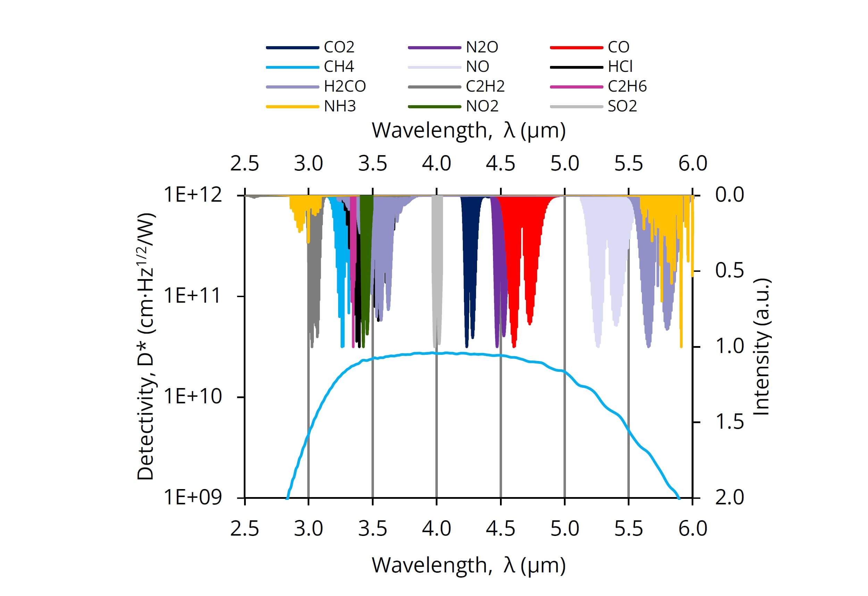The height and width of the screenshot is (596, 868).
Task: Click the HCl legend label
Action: pos(620,67)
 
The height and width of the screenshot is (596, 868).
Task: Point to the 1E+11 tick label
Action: pos(193,296)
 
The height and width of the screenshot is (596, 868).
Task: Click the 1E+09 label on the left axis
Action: pos(193,497)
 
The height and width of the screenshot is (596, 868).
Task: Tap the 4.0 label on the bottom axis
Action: pos(436,529)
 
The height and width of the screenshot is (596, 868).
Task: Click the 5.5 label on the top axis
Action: pos(628,164)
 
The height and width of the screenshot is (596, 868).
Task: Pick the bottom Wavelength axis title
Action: pos(468,565)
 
